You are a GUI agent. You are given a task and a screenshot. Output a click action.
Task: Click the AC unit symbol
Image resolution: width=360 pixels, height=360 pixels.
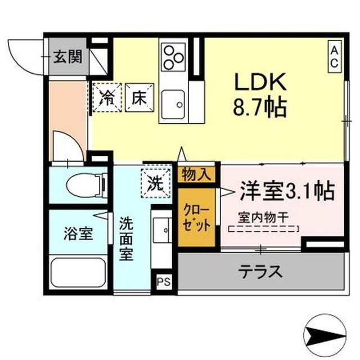(x=334, y=57)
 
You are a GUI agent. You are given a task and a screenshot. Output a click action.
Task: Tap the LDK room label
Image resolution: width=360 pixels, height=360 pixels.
(x=261, y=85)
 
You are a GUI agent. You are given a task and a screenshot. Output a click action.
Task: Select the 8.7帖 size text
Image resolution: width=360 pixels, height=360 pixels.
(x=261, y=107)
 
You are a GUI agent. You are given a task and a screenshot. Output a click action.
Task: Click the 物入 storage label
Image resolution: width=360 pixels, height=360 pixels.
(x=197, y=174)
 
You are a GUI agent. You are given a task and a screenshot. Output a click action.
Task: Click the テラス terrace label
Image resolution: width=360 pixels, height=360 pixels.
(x=260, y=271)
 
